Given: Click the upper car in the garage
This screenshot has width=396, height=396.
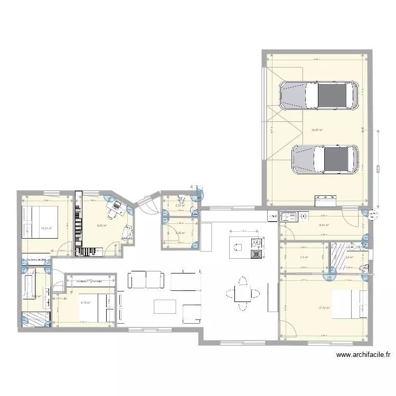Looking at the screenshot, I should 318,96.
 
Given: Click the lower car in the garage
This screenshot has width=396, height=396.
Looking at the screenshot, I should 325,159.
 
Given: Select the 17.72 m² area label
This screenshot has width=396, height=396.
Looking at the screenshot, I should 324,308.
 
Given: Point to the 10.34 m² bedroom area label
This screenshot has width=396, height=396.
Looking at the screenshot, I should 46,229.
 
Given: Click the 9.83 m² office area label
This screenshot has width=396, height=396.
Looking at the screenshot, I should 101,225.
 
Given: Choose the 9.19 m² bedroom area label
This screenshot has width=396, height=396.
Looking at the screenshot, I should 86,303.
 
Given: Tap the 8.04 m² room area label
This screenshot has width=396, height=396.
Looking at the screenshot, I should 324,225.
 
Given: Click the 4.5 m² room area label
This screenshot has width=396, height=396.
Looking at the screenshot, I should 304,258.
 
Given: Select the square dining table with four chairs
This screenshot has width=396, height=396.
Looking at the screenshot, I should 243,291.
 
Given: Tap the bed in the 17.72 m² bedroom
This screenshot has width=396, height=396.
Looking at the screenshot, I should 350,305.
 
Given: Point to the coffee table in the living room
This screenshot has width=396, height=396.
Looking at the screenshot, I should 165,307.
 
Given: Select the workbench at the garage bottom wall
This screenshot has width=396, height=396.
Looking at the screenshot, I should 325,200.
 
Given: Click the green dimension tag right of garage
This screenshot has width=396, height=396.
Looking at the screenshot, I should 378,169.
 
